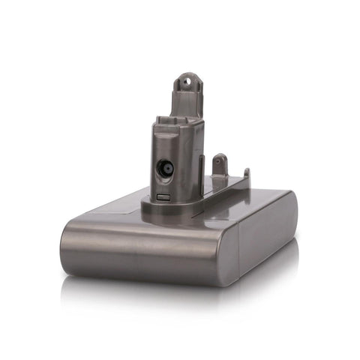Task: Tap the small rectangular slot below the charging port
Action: click(163, 197)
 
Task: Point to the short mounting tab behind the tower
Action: click(220, 164)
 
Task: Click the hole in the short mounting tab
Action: click(220, 159)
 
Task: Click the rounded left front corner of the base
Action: click(69, 244)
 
